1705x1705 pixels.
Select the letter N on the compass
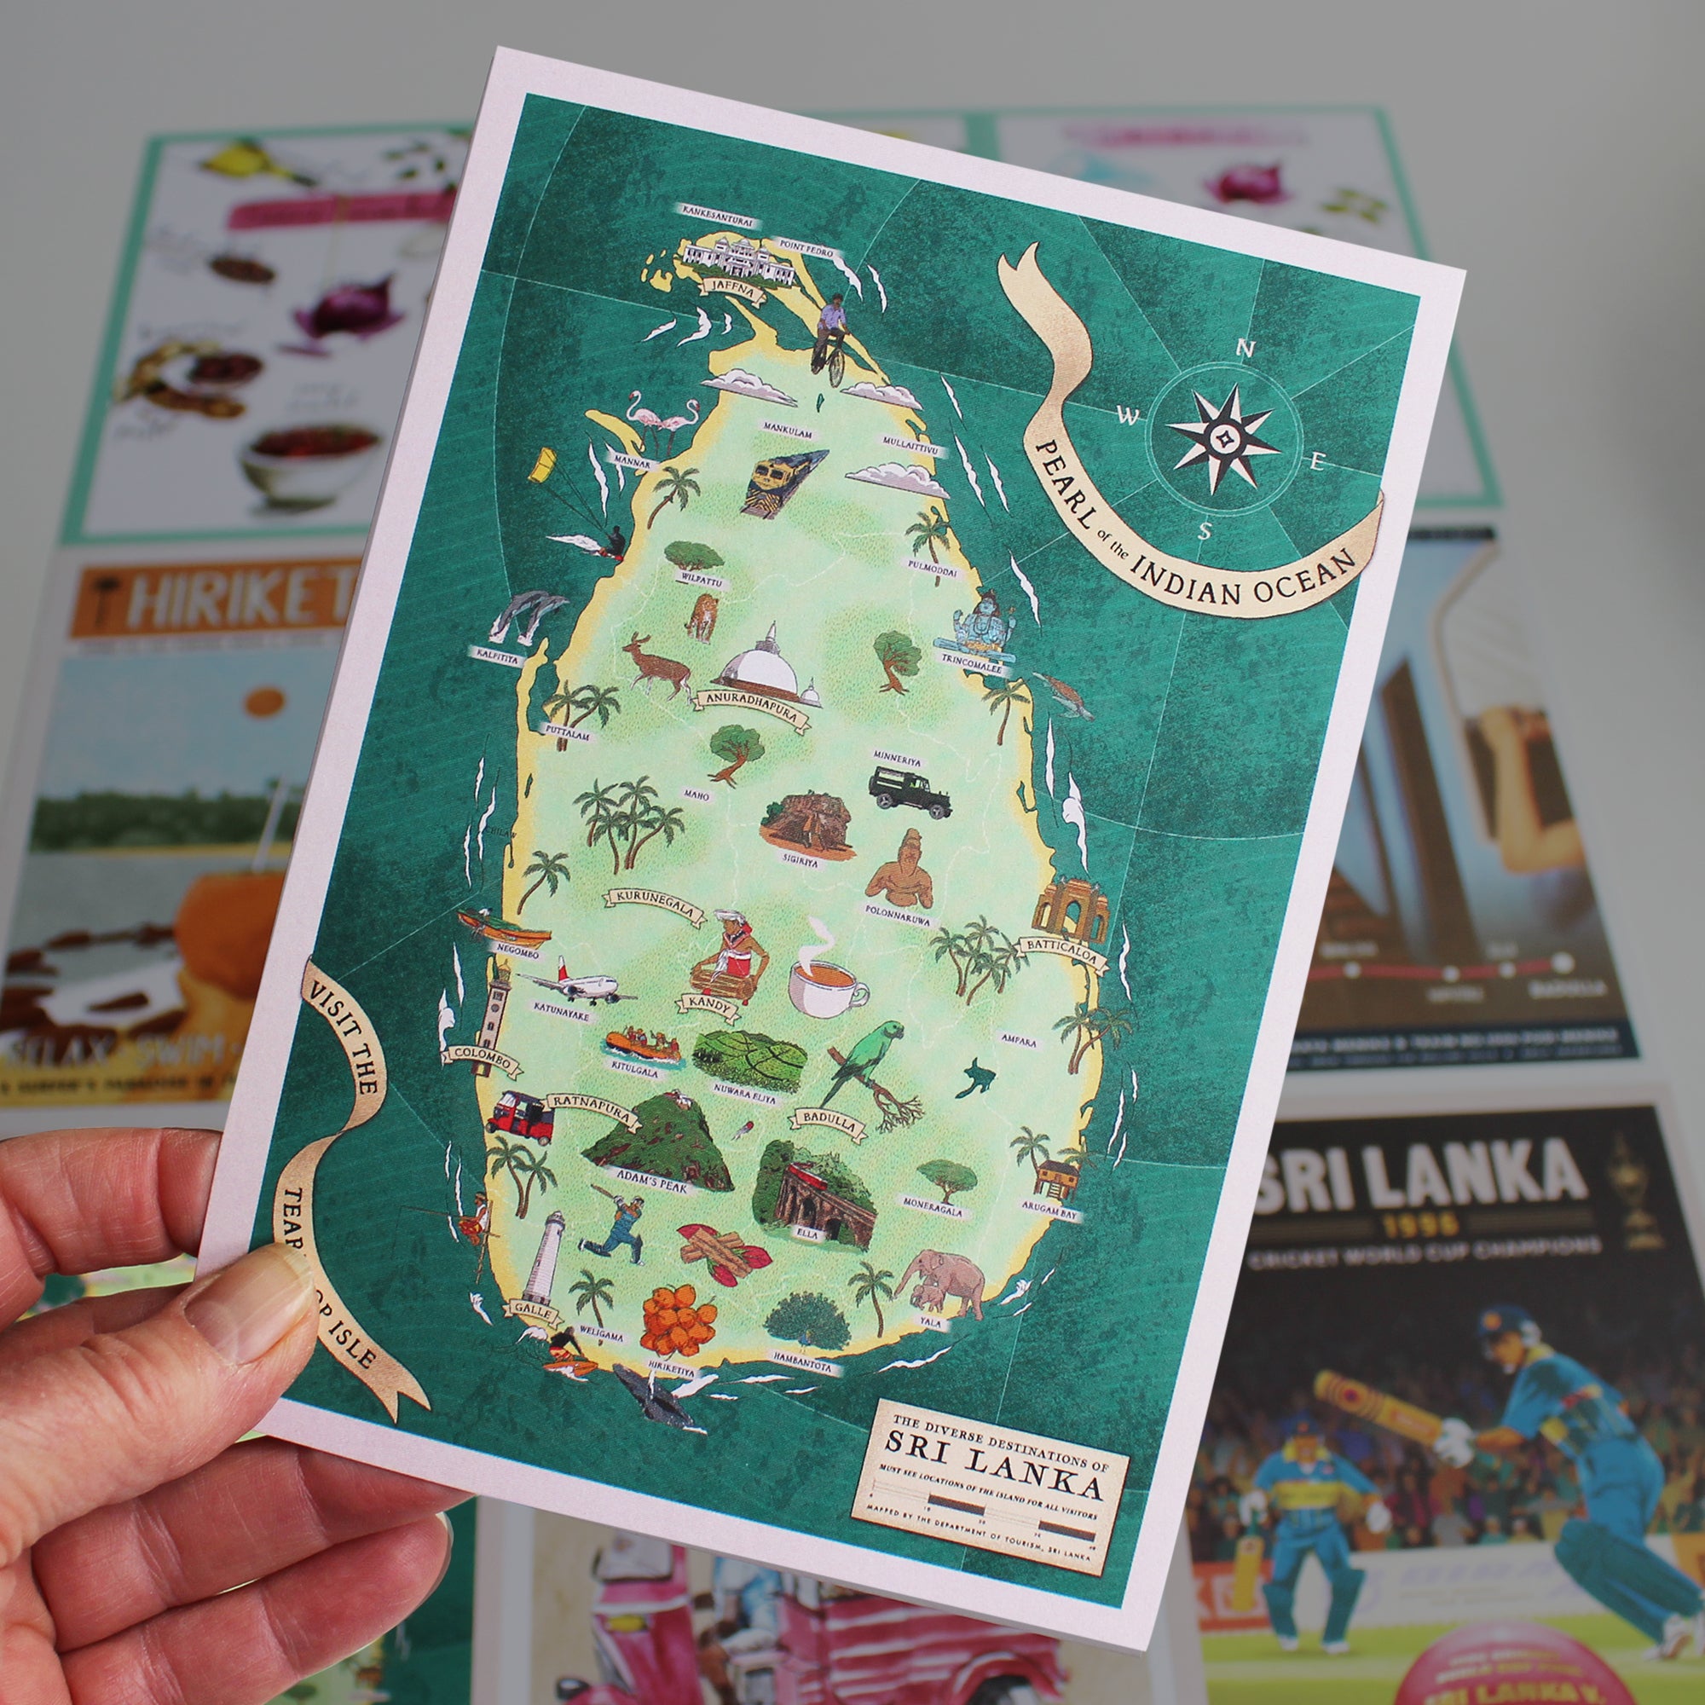pyautogui.click(x=1246, y=350)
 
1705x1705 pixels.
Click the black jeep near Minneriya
pyautogui.click(x=909, y=791)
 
